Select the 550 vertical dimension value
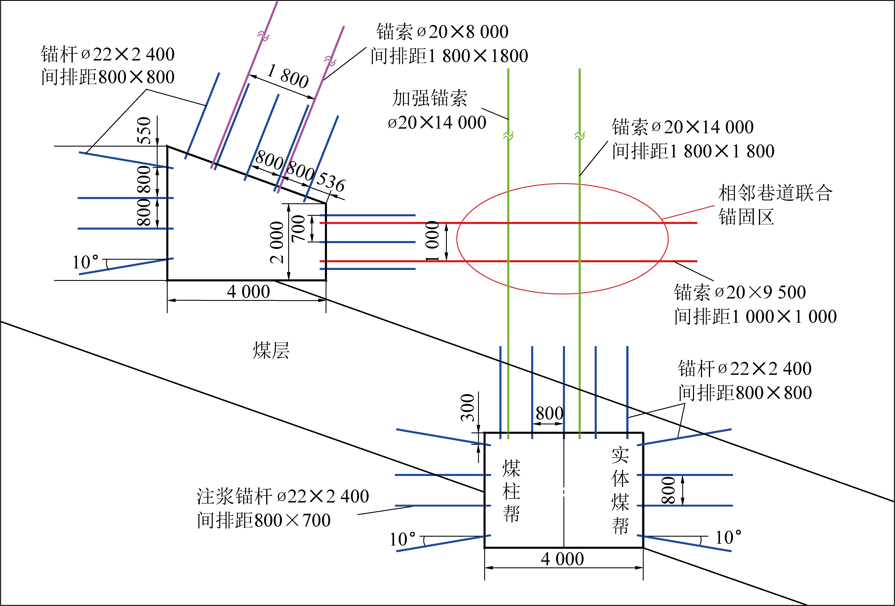(x=144, y=130)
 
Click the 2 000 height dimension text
(x=277, y=242)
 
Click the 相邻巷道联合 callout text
(x=775, y=193)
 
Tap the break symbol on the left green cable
(x=508, y=136)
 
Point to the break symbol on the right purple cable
(x=330, y=60)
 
